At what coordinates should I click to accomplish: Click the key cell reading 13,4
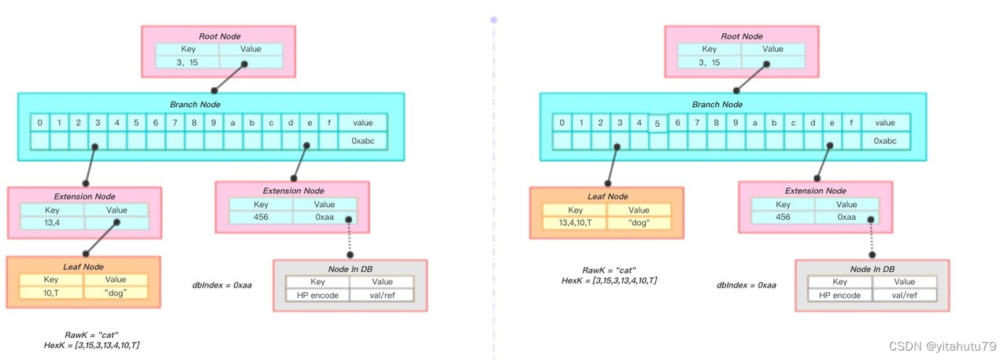pyautogui.click(x=52, y=223)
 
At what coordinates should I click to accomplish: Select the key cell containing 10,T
pyautogui.click(x=51, y=292)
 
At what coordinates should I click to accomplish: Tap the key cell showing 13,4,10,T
pyautogui.click(x=575, y=223)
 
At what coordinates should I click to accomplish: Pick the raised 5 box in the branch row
pyautogui.click(x=658, y=123)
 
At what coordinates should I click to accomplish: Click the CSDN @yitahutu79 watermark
pyautogui.click(x=943, y=347)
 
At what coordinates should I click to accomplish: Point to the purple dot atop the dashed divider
pyautogui.click(x=494, y=19)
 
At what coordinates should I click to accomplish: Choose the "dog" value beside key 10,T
pyautogui.click(x=116, y=292)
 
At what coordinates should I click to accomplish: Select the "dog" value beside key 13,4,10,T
pyautogui.click(x=639, y=223)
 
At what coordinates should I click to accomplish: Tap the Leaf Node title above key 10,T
pyautogui.click(x=83, y=266)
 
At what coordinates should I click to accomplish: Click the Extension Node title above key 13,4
pyautogui.click(x=84, y=196)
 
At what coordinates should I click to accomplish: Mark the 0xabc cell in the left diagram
pyautogui.click(x=363, y=140)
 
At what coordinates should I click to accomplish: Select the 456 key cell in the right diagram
pyautogui.click(x=783, y=217)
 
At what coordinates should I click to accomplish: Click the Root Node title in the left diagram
pyautogui.click(x=218, y=35)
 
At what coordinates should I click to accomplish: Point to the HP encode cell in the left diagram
pyautogui.click(x=318, y=295)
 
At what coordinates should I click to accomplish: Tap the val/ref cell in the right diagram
pyautogui.click(x=905, y=295)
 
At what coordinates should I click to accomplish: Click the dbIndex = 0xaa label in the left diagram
pyautogui.click(x=221, y=284)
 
